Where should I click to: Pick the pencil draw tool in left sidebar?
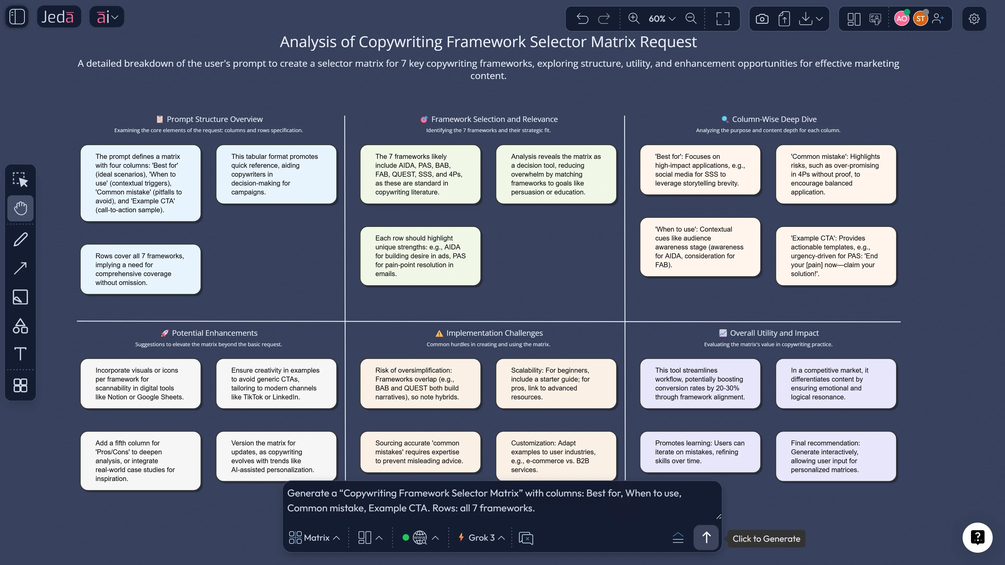20,239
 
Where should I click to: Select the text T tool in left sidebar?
20,354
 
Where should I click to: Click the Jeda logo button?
58,17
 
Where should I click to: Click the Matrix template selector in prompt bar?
314,538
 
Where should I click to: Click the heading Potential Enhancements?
215,333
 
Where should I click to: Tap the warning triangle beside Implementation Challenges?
439,333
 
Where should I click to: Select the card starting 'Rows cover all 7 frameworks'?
140,269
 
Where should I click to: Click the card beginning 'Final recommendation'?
836,456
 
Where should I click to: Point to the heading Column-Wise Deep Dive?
774,119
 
